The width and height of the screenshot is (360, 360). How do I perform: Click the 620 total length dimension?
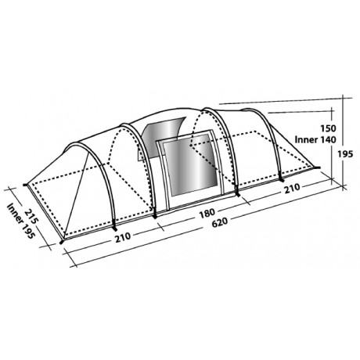pyautogui.click(x=220, y=222)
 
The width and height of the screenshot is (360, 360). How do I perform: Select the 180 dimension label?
pyautogui.click(x=207, y=214)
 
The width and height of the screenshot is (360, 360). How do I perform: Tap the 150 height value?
pyautogui.click(x=328, y=128)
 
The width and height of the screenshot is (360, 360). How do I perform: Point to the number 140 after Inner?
pyautogui.click(x=327, y=140)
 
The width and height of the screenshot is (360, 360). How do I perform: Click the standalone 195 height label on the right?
pyautogui.click(x=345, y=154)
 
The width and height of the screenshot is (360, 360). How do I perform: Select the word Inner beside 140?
pyautogui.click(x=306, y=140)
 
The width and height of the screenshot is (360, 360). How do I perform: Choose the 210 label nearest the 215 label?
pyautogui.click(x=123, y=237)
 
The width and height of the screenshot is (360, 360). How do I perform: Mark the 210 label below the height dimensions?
pyautogui.click(x=292, y=189)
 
